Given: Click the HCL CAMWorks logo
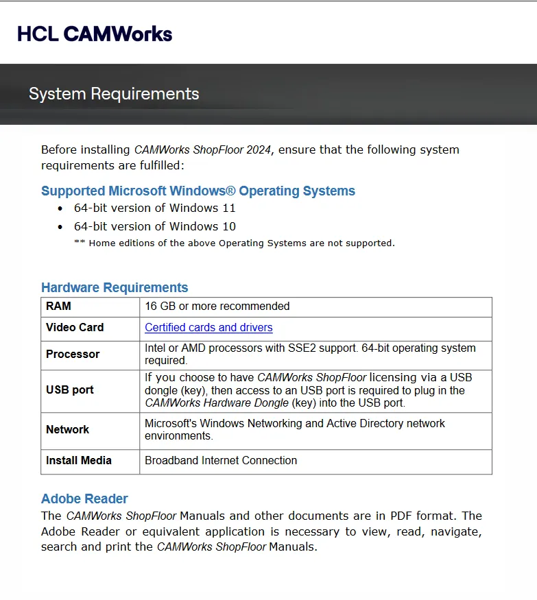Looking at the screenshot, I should (95, 34).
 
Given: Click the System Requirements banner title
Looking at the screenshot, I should (114, 94).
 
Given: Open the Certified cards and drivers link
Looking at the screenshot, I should (208, 328).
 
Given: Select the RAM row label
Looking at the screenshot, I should (58, 306).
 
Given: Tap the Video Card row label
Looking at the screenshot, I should (75, 328).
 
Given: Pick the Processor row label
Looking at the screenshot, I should (73, 355).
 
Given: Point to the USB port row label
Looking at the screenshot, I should (70, 390).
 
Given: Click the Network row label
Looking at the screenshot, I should (67, 430).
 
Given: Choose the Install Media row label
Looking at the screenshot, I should (78, 461).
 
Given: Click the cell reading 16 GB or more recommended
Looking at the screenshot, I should (217, 307).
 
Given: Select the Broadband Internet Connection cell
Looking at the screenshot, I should (221, 461).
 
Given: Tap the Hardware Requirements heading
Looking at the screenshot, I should (115, 288).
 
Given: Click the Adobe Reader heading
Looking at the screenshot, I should (84, 499).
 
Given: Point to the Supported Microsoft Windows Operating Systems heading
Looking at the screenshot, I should (198, 191).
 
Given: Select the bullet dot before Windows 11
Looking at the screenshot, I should (60, 209).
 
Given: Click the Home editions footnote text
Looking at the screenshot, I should (235, 243).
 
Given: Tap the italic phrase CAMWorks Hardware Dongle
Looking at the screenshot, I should (217, 403).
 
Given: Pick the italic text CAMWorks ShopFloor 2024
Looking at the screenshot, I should (202, 149).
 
